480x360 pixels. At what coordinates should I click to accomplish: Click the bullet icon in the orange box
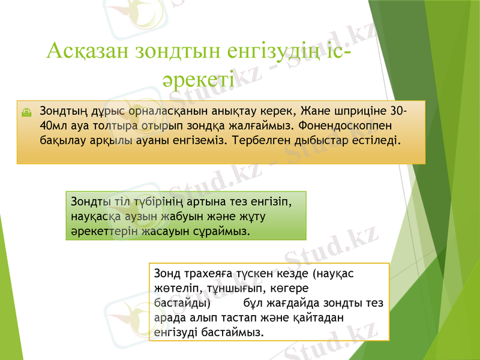tap(28, 112)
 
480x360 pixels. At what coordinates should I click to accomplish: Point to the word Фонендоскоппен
tap(349, 126)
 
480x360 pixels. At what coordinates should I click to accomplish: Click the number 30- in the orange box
tap(397, 112)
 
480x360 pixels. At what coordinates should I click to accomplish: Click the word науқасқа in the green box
tap(94, 216)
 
